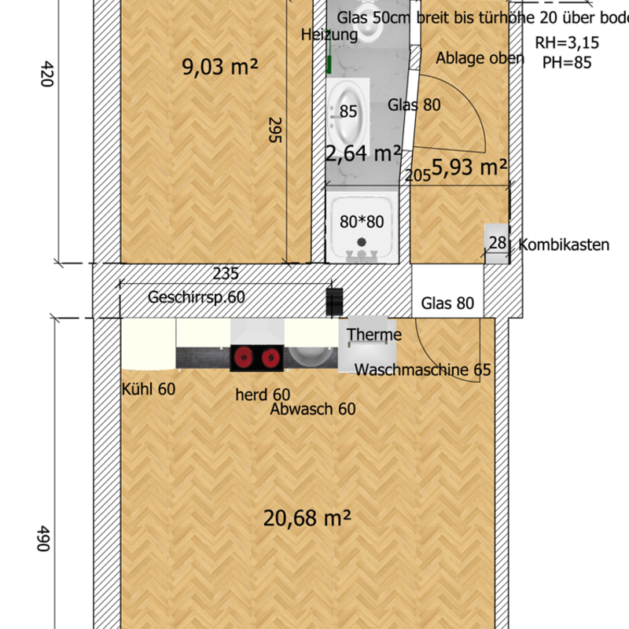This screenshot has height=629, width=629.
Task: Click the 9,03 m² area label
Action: click(220, 67)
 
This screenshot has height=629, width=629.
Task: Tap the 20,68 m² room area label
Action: click(307, 518)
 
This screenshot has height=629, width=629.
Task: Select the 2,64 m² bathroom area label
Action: click(363, 153)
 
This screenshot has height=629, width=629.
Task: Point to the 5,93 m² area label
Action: click(469, 167)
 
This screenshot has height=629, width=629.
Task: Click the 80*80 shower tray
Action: click(362, 226)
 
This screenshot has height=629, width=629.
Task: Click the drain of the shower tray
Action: click(362, 242)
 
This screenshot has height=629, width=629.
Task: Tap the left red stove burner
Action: click(243, 357)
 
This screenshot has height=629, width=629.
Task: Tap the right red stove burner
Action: click(270, 357)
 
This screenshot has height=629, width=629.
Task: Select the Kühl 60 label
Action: click(149, 389)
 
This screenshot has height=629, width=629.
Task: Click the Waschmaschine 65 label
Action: click(422, 370)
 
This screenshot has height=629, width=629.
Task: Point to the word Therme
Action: click(374, 335)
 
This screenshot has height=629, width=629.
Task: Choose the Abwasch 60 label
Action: click(313, 409)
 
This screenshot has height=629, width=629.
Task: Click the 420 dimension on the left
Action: click(47, 74)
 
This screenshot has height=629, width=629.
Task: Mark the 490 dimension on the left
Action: click(43, 539)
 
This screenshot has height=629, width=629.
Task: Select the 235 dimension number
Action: click(226, 274)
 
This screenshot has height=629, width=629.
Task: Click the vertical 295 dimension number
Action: click(274, 130)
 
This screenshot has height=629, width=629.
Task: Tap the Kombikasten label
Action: click(564, 245)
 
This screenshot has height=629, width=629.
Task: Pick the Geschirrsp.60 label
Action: click(196, 297)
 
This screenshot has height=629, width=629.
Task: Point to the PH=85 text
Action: click(567, 63)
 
